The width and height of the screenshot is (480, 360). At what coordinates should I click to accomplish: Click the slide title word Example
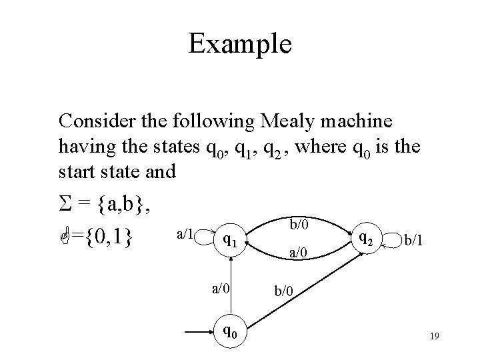239,44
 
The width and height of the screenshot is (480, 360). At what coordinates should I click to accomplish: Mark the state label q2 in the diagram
365,236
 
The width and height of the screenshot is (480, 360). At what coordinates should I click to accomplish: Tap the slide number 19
434,339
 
